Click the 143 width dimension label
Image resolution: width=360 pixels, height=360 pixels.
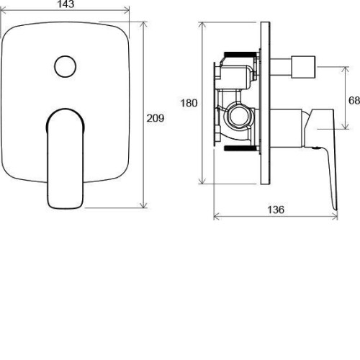pos(66,4)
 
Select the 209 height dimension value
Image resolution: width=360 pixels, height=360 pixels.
pos(156,118)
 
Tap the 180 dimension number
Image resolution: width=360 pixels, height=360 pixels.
pos(189,103)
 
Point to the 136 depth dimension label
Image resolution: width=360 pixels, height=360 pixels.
pos(276,210)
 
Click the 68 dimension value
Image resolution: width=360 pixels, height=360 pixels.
pos(354,100)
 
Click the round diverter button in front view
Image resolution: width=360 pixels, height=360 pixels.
pos(66,66)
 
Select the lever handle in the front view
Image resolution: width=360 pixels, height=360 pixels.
pos(65,158)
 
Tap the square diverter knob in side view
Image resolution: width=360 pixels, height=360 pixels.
pos(303,67)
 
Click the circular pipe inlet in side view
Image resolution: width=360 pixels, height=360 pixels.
pos(238,116)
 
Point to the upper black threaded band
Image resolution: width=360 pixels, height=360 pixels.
pos(240,54)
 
